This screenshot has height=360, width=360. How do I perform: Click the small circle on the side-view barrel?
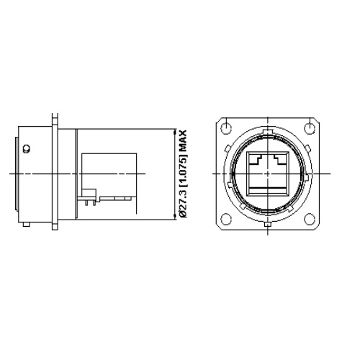[26, 150]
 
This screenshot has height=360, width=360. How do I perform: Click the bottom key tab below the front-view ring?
[268, 226]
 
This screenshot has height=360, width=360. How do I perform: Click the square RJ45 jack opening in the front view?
[266, 174]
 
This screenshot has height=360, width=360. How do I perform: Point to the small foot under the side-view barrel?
[26, 226]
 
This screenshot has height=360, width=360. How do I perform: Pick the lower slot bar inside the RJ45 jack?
[266, 191]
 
